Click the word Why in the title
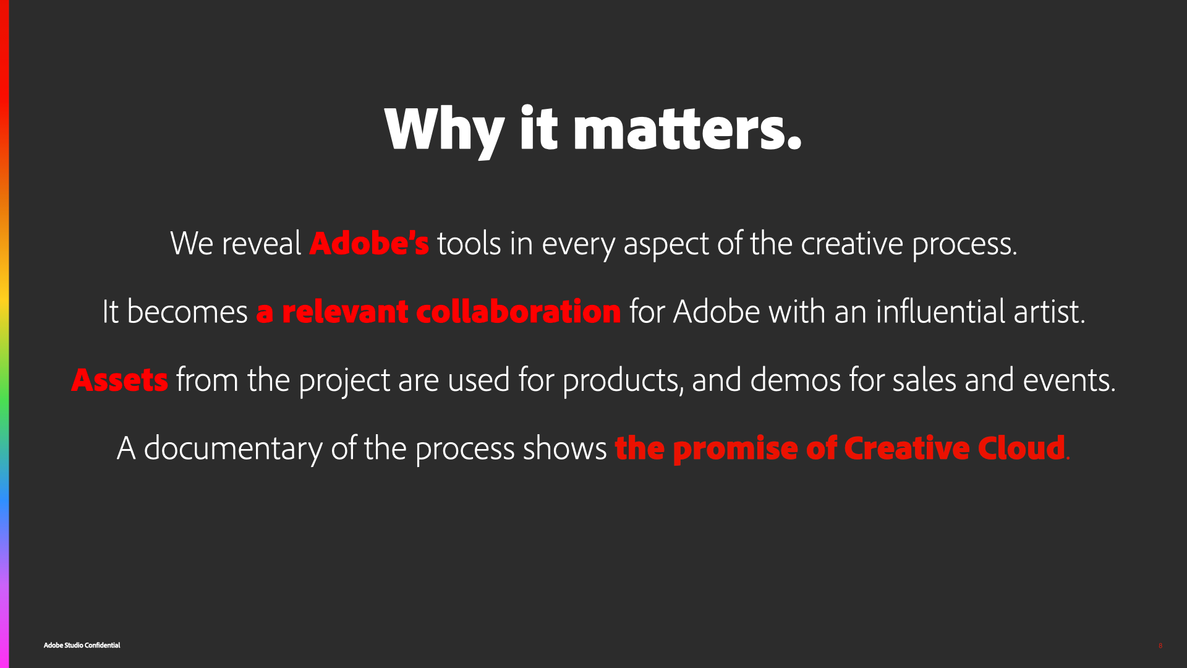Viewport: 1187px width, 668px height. tap(445, 131)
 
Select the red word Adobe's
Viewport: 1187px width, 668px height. tap(369, 243)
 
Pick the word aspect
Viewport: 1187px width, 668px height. tap(666, 245)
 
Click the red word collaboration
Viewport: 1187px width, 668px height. tap(519, 311)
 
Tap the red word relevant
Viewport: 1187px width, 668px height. tap(345, 311)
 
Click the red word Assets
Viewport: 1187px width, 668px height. tap(120, 380)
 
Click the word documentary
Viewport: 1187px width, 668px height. tap(233, 449)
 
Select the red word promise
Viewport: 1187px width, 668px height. tap(735, 450)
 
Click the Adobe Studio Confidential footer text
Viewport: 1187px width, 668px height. tap(82, 645)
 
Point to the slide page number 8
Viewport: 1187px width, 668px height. tap(1160, 646)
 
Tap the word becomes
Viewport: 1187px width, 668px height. tap(187, 311)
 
